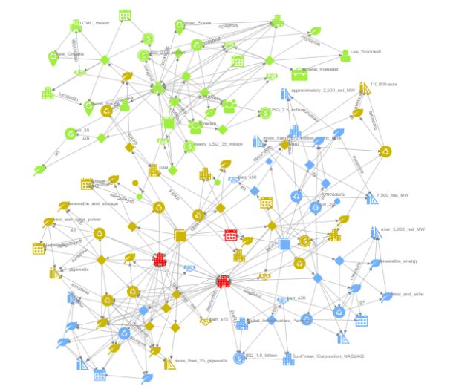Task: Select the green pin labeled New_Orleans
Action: (x=53, y=56)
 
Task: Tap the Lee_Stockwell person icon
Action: (x=345, y=54)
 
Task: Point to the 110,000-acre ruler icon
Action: (x=364, y=88)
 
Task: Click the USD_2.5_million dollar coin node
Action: (x=263, y=114)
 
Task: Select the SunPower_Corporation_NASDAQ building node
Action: (x=287, y=357)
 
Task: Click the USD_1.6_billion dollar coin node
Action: (x=239, y=358)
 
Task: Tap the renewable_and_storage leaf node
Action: (x=64, y=203)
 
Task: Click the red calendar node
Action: (x=230, y=235)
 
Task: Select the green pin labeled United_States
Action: (x=179, y=26)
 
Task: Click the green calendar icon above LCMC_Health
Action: (x=124, y=14)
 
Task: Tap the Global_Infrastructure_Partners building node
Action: (x=241, y=324)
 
